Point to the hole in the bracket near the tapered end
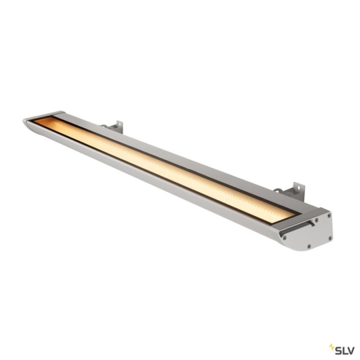119,123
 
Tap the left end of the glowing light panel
41,123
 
